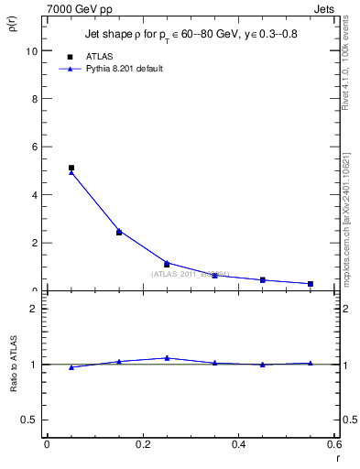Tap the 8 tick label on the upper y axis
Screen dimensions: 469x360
(33, 99)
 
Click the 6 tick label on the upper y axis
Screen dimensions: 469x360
(33, 147)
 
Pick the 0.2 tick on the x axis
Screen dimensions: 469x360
(142, 443)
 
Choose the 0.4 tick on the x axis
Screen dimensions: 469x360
(238, 443)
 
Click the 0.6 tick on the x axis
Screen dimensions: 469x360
(334, 443)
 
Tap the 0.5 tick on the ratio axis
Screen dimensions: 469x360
(30, 420)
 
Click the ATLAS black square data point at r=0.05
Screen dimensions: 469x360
(71, 168)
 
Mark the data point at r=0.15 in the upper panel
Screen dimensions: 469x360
(119, 232)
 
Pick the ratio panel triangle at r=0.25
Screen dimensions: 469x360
(167, 358)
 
